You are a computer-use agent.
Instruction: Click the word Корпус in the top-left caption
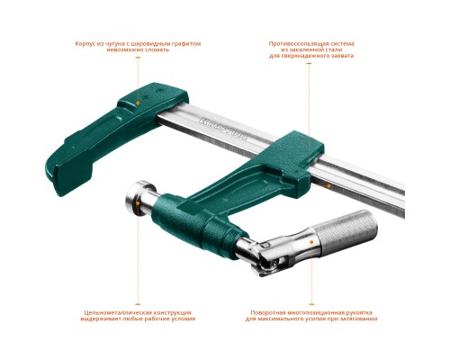click(85, 42)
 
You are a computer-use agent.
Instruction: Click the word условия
click(180, 319)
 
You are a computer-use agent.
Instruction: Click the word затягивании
click(357, 319)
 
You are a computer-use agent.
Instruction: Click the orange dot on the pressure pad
click(138, 205)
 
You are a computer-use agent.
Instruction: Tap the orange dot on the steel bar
click(329, 186)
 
